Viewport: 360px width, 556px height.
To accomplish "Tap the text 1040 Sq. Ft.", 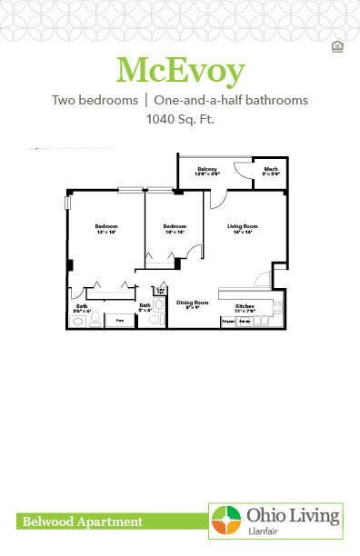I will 180,119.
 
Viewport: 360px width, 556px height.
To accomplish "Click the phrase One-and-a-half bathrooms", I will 230,100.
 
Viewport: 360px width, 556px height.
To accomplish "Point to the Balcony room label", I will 208,171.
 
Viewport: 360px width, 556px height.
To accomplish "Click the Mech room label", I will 270,171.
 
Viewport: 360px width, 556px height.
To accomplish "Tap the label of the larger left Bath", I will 82,309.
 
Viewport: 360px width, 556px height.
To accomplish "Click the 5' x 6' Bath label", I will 145,309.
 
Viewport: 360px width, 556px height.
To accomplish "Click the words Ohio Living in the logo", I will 293,516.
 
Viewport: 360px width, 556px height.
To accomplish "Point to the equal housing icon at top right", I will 338,45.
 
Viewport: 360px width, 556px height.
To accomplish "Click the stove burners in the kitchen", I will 245,323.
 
